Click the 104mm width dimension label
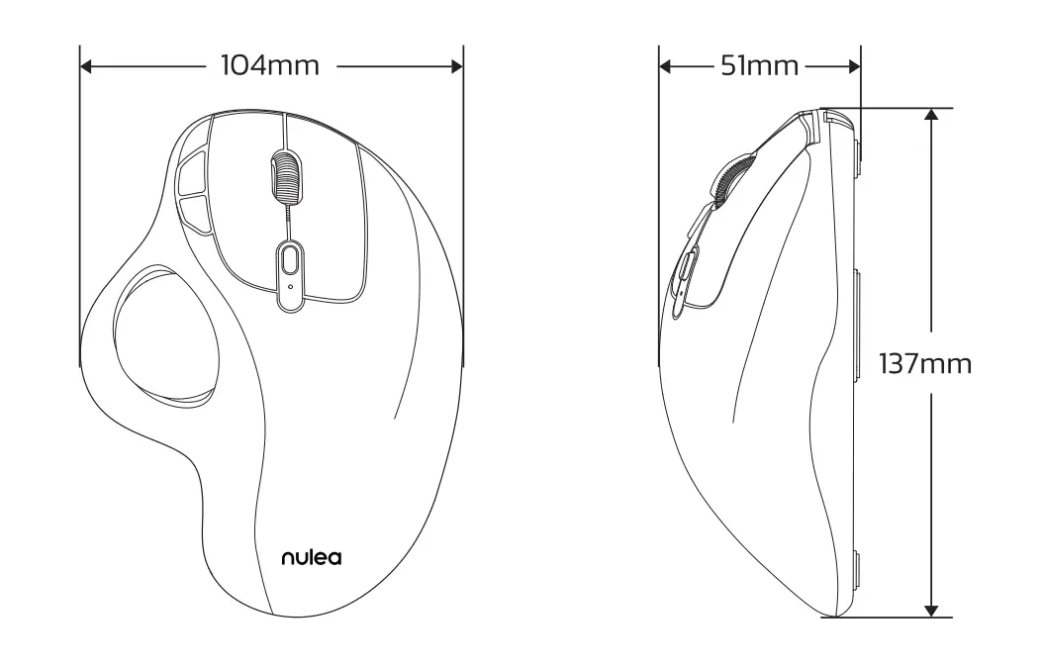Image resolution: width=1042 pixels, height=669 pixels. click(270, 66)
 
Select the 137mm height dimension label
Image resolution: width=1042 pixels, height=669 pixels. click(926, 363)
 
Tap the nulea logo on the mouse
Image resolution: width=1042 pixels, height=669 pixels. click(311, 558)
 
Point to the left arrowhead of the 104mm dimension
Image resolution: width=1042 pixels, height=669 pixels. click(86, 66)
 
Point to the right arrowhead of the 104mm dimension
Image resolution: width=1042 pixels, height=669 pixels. click(456, 66)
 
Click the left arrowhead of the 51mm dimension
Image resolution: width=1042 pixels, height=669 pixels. click(665, 66)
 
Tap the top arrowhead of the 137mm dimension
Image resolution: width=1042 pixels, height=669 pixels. click(930, 116)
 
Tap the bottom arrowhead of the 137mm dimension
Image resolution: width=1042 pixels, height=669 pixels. click(930, 611)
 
